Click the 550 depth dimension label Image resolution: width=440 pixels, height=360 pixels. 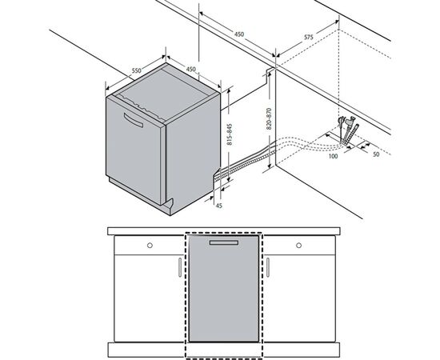[136, 71]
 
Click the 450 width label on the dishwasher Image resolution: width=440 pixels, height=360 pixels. [190, 70]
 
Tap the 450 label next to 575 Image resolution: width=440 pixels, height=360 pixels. [239, 34]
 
